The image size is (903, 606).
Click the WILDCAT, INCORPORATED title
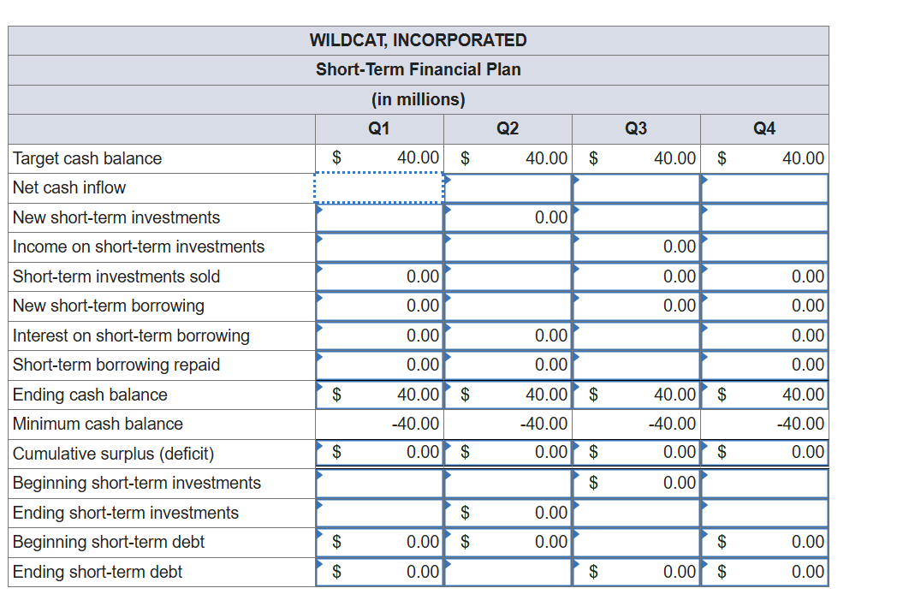(418, 40)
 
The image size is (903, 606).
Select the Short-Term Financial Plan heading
(418, 69)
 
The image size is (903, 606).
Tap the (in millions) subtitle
(418, 99)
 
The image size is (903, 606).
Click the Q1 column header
(378, 128)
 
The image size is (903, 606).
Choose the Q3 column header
(636, 128)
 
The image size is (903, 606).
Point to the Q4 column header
(764, 128)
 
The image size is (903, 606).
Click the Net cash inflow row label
(69, 187)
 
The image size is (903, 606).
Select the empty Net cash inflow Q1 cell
(379, 188)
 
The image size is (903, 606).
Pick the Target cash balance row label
(87, 158)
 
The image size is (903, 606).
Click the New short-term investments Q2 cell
(508, 217)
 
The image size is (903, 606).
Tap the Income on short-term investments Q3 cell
(636, 247)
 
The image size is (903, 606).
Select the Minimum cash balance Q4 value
(764, 424)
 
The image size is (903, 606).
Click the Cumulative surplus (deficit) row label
(113, 454)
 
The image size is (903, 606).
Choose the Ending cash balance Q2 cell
(508, 395)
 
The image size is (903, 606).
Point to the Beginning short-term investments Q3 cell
(636, 483)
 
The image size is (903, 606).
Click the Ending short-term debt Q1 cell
(379, 572)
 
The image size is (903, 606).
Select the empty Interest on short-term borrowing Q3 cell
(636, 336)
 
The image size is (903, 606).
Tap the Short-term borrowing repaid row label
(116, 365)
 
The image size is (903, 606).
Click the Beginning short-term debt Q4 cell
(764, 542)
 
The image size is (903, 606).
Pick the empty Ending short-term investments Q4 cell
(764, 513)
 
